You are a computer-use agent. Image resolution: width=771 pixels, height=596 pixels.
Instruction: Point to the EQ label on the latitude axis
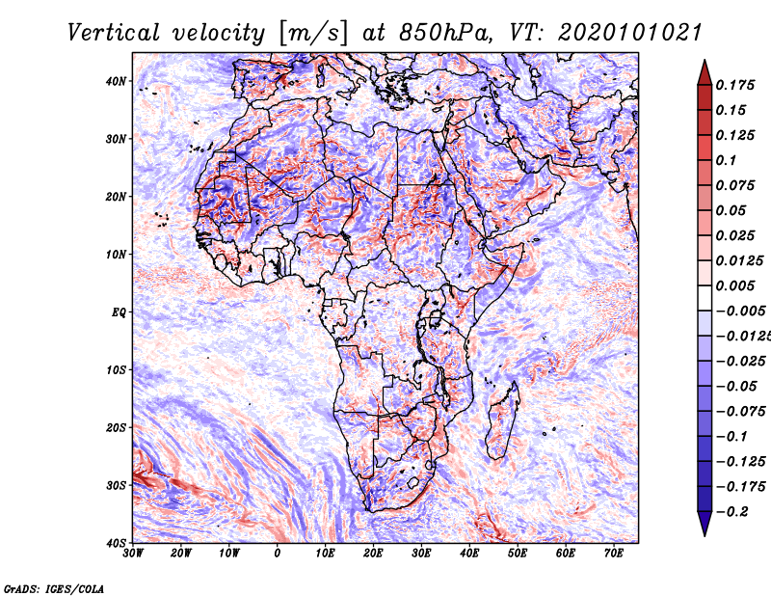119,312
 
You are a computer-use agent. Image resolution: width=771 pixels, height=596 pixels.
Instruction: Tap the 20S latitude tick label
117,427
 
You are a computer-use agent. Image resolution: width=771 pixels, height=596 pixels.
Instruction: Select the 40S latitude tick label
117,542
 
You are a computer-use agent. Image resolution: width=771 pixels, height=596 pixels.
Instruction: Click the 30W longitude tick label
133,554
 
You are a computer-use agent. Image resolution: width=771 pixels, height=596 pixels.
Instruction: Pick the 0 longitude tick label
278,554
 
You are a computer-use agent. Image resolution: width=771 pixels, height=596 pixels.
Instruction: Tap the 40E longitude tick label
469,554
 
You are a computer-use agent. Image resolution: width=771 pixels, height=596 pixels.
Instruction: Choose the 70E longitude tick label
614,554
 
